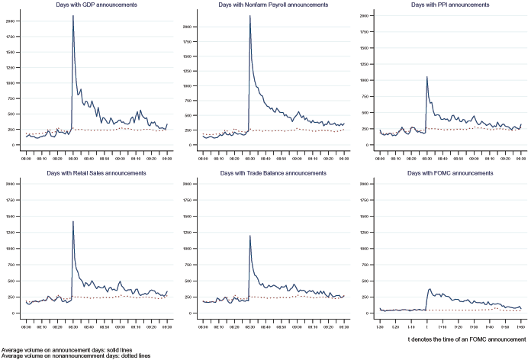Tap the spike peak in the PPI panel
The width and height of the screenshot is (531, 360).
tap(426, 76)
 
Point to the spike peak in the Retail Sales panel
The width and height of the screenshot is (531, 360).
tap(72, 221)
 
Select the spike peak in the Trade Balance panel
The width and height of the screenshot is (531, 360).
tap(249, 236)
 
